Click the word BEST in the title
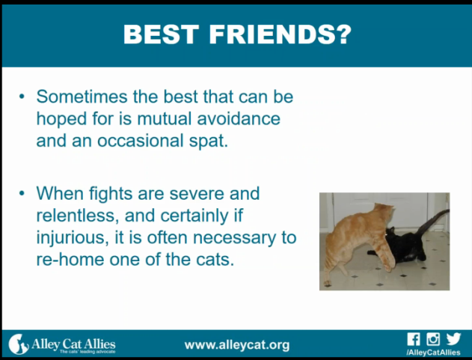pyautogui.click(x=161, y=34)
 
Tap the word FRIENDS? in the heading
pyautogui.click(x=281, y=34)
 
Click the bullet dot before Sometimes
pyautogui.click(x=22, y=97)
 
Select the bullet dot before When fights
pyautogui.click(x=22, y=193)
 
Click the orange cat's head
pyautogui.click(x=385, y=212)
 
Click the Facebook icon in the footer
pyautogui.click(x=414, y=339)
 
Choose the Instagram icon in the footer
pyautogui.click(x=433, y=339)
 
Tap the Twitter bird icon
pyautogui.click(x=453, y=339)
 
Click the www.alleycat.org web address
pyautogui.click(x=237, y=345)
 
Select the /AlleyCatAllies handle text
pyautogui.click(x=433, y=353)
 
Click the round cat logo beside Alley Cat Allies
pyautogui.click(x=18, y=344)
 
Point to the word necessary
pyautogui.click(x=234, y=238)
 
